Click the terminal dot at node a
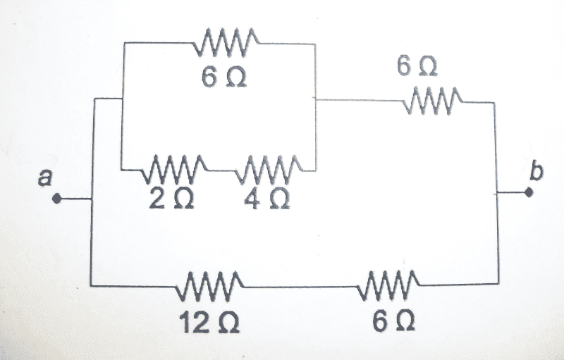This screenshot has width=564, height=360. [56, 199]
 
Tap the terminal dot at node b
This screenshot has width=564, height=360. [528, 192]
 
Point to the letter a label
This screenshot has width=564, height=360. [45, 178]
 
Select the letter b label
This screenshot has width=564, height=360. [536, 170]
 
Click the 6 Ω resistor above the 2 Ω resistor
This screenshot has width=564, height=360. [226, 42]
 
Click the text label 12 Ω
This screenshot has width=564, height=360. [209, 322]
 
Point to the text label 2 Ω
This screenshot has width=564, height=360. [171, 199]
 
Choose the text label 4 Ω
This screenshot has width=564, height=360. [266, 199]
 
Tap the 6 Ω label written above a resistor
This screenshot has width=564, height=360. [417, 66]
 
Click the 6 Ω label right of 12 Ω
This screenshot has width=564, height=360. [394, 321]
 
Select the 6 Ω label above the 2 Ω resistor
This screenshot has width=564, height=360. [224, 77]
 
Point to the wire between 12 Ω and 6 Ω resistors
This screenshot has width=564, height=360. [301, 287]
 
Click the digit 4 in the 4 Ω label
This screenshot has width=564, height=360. [252, 199]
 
